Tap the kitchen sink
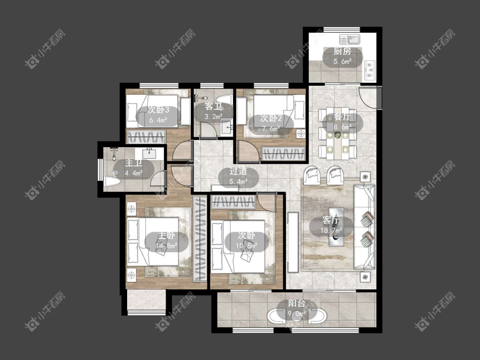[x=349, y=40]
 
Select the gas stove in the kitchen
[x=370, y=70]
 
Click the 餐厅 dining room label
[x=341, y=117]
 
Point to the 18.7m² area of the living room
[x=331, y=230]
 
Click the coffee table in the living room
[x=336, y=226]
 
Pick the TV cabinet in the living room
[x=293, y=242]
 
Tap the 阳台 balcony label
[x=297, y=303]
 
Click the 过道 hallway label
[x=238, y=171]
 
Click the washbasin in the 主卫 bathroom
[x=150, y=153]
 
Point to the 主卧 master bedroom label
[x=166, y=235]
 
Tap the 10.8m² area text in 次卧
[x=247, y=245]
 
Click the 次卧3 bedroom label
[x=158, y=110]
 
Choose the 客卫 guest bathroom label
[x=213, y=107]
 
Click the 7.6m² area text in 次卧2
[x=271, y=128]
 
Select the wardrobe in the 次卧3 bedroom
[x=147, y=136]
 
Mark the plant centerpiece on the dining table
[x=337, y=135]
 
